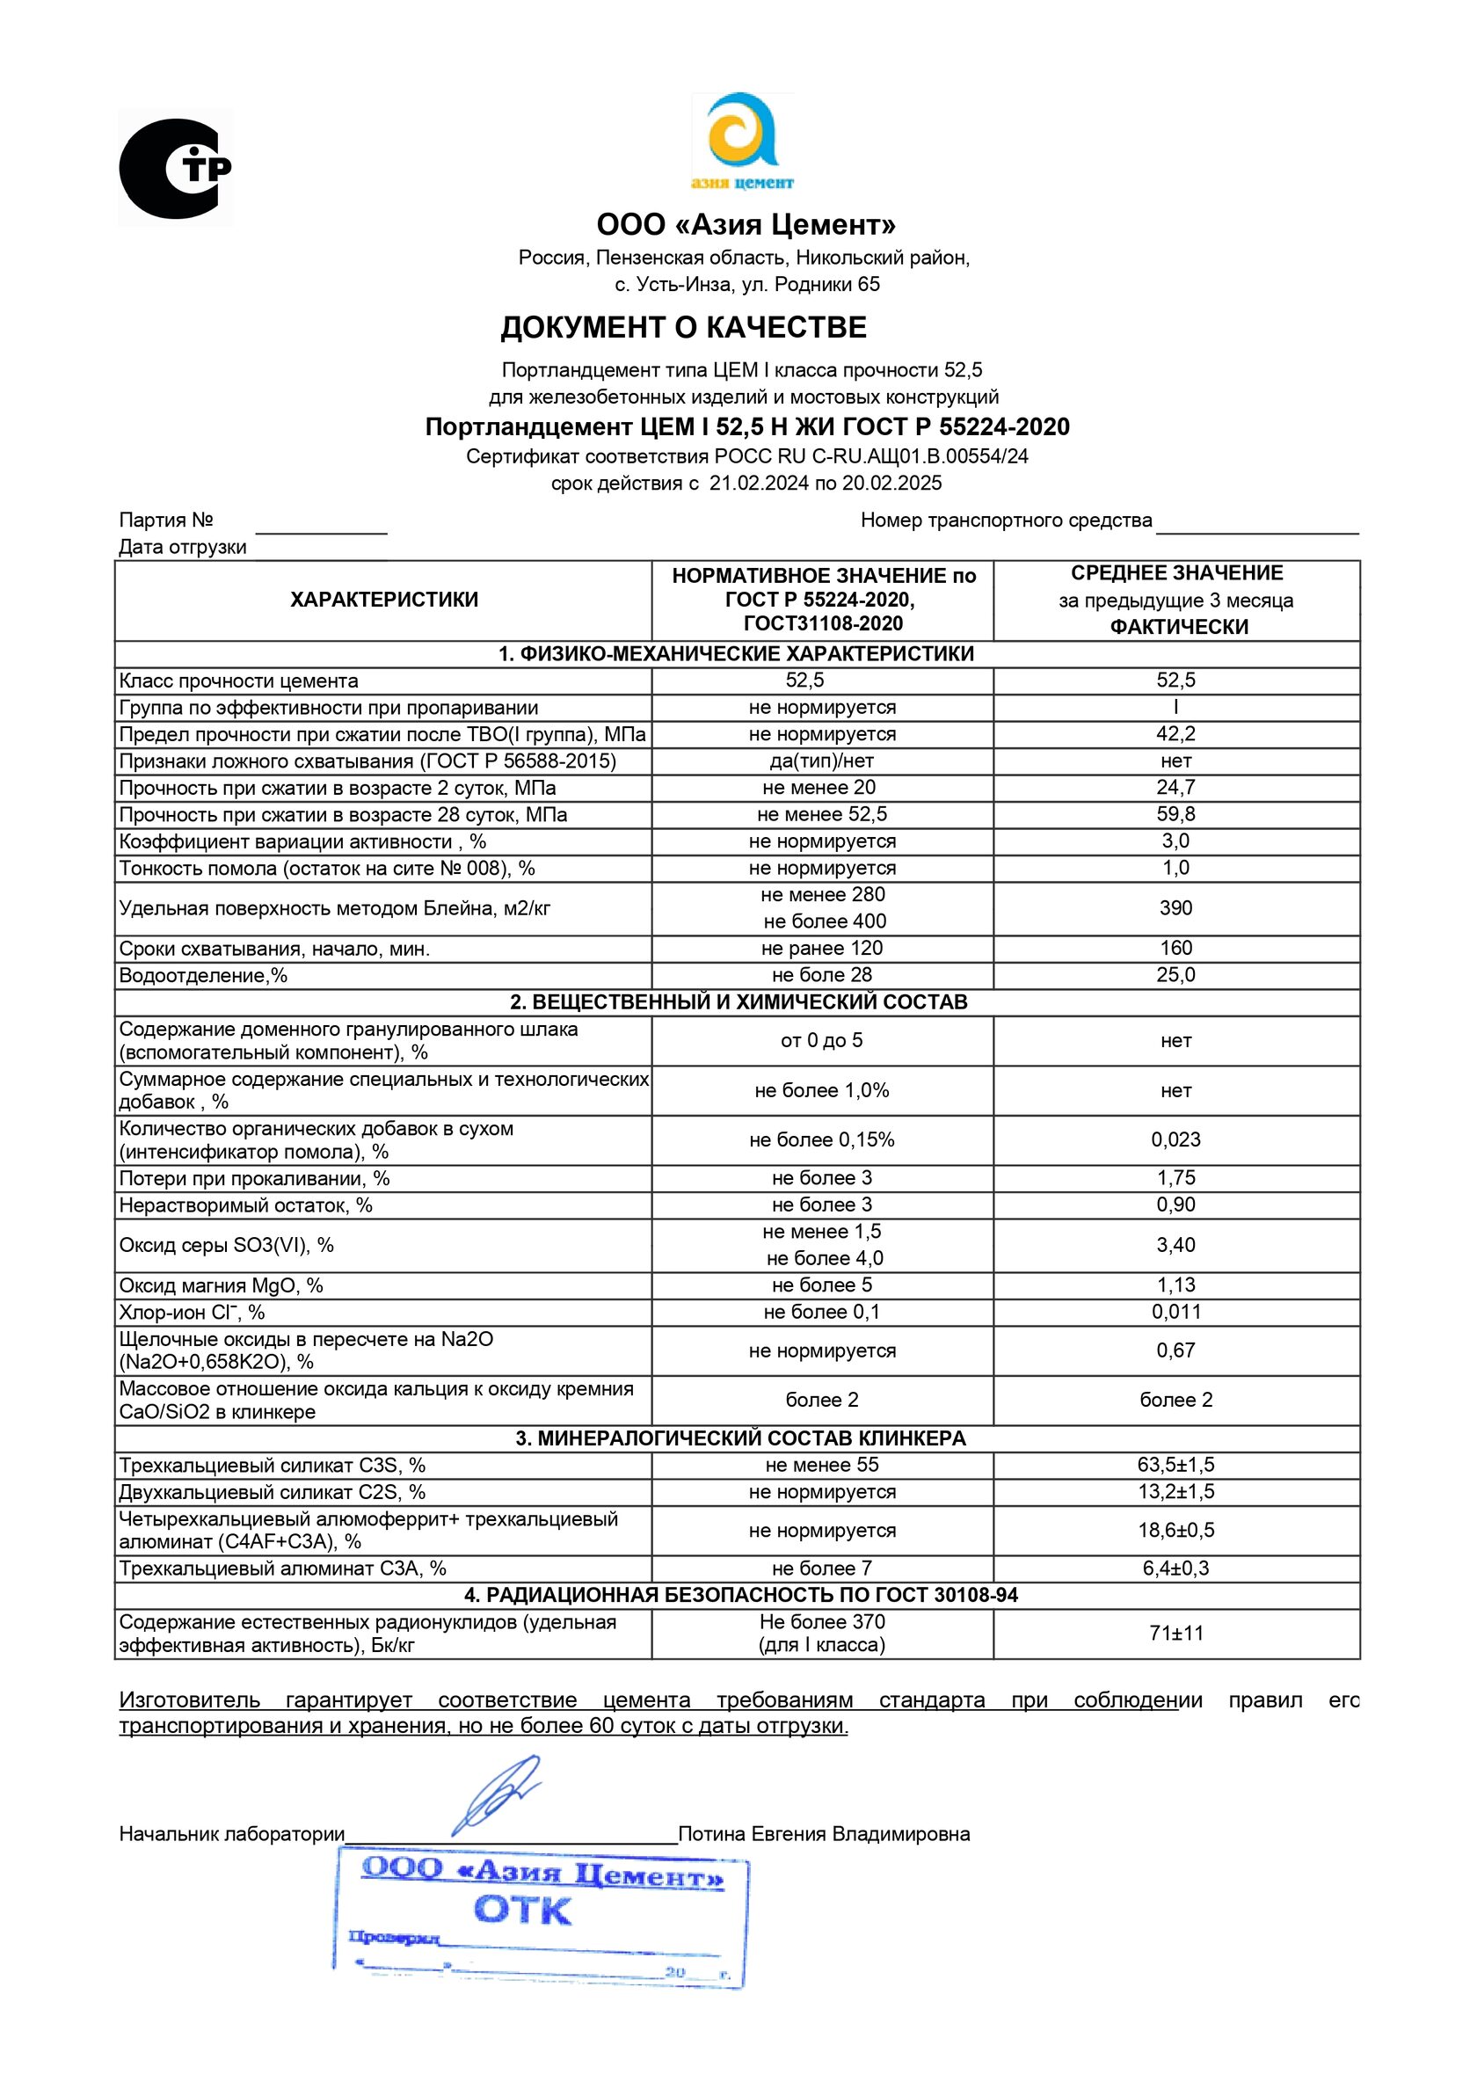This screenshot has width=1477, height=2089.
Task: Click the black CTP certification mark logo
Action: (x=174, y=168)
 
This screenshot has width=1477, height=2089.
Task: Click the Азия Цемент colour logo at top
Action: (x=742, y=141)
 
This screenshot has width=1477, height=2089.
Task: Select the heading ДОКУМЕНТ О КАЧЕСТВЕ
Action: (x=683, y=328)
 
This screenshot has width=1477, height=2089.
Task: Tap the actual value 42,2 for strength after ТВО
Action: (x=1175, y=734)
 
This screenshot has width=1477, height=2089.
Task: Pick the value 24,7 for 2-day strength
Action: (x=1175, y=788)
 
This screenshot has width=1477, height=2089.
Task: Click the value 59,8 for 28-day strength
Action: (x=1175, y=814)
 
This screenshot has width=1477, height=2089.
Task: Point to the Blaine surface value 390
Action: (x=1175, y=908)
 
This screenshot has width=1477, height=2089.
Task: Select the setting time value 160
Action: (x=1175, y=948)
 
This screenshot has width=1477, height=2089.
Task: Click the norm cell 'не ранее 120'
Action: (x=822, y=948)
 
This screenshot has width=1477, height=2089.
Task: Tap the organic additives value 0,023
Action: (x=1175, y=1140)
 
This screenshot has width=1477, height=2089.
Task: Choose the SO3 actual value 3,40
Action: (x=1175, y=1245)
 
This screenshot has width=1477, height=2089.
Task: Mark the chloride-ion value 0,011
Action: (x=1175, y=1312)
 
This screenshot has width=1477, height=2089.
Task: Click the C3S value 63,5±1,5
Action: (x=1175, y=1465)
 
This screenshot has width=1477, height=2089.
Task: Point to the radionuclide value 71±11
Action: (x=1175, y=1634)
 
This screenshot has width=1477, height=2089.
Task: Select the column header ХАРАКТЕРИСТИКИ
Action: (x=383, y=600)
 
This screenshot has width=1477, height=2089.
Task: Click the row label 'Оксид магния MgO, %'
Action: (x=222, y=1285)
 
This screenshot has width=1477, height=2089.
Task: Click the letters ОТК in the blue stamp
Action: (x=522, y=1911)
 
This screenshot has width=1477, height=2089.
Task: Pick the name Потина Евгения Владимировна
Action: (x=824, y=1834)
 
